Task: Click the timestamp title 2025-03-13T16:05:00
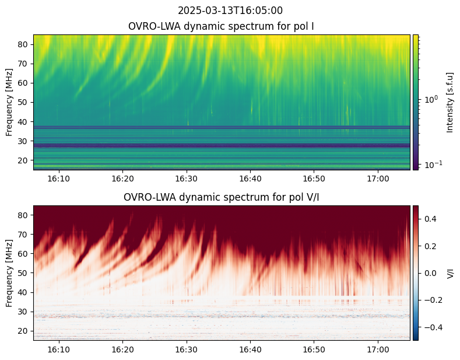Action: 230,11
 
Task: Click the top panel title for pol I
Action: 221,26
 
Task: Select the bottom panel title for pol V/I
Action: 221,197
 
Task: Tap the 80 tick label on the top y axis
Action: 23,44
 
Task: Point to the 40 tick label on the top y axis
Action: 23,122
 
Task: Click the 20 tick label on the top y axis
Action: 23,160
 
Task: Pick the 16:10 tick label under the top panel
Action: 59,179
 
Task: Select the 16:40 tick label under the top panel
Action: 250,179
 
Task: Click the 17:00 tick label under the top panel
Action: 378,179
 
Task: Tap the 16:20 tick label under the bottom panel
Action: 122,349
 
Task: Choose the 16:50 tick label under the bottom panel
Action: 314,349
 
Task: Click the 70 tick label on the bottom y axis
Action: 23,235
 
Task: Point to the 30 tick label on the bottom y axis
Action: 23,312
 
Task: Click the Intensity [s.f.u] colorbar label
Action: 450,102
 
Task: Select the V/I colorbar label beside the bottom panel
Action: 450,273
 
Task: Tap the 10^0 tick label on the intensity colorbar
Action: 432,99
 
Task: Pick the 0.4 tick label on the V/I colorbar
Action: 430,219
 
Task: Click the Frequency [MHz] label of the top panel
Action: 9,102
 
